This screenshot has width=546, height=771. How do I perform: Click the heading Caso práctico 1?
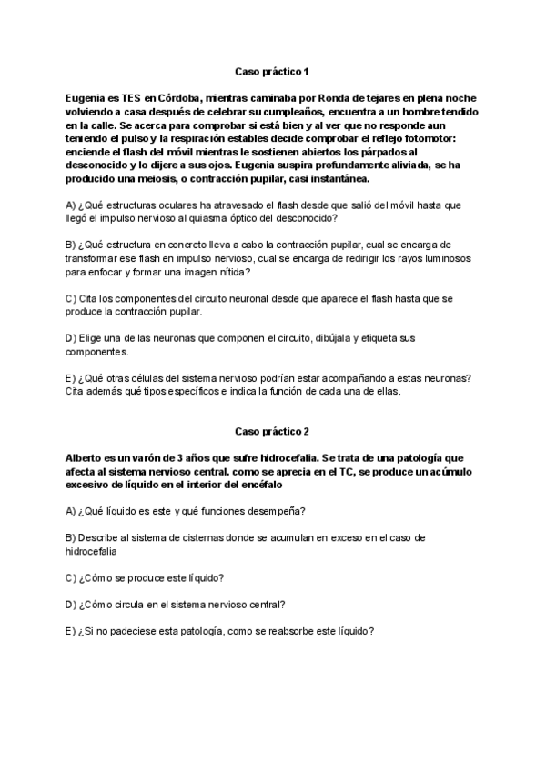pos(272,70)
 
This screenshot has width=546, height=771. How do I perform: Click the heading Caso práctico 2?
pos(272,431)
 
